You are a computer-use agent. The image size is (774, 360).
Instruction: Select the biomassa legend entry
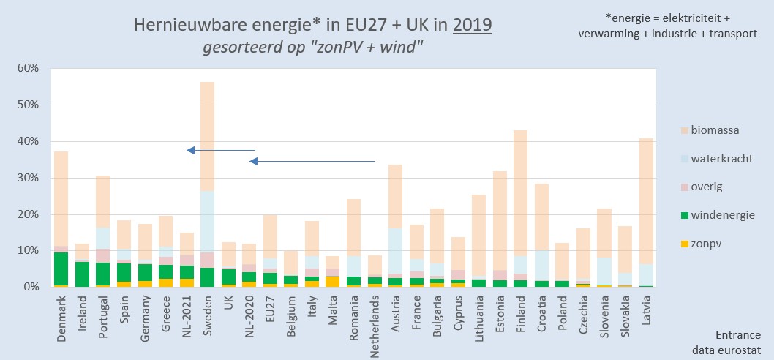coord(708,131)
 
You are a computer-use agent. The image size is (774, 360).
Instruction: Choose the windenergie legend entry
coord(715,214)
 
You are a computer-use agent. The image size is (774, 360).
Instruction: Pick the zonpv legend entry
coord(703,242)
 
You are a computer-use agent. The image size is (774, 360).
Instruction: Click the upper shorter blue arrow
coord(220,150)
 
